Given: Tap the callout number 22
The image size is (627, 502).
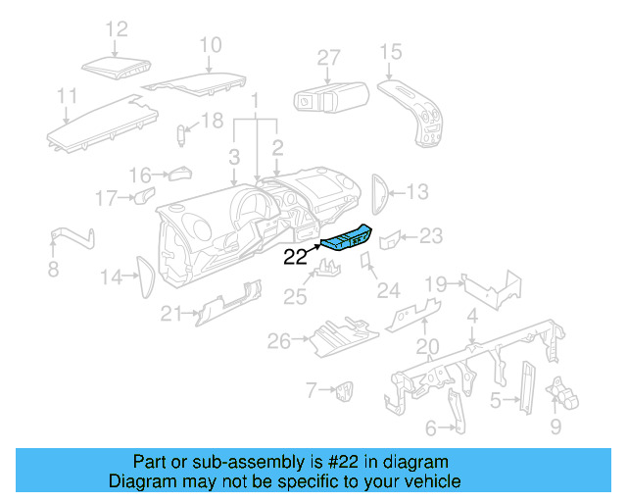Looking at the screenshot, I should click(x=296, y=259).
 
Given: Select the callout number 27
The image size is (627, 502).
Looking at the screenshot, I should click(x=328, y=58).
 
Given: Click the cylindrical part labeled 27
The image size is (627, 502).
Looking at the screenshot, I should click(x=330, y=97).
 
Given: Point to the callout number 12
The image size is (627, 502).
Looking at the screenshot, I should click(x=117, y=29).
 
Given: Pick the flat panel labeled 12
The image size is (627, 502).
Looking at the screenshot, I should click(x=115, y=68).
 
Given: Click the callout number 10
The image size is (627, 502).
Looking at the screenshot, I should click(x=211, y=44).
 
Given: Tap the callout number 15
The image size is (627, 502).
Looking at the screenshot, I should click(x=390, y=51).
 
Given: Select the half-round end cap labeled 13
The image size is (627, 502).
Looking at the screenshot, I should click(x=382, y=191).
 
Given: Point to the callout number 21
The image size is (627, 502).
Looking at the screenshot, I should click(x=172, y=313).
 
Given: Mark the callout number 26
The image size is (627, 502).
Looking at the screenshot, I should click(x=279, y=341).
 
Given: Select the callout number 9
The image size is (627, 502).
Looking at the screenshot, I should click(x=555, y=427).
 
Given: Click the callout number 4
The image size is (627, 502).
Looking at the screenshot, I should click(x=472, y=316).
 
